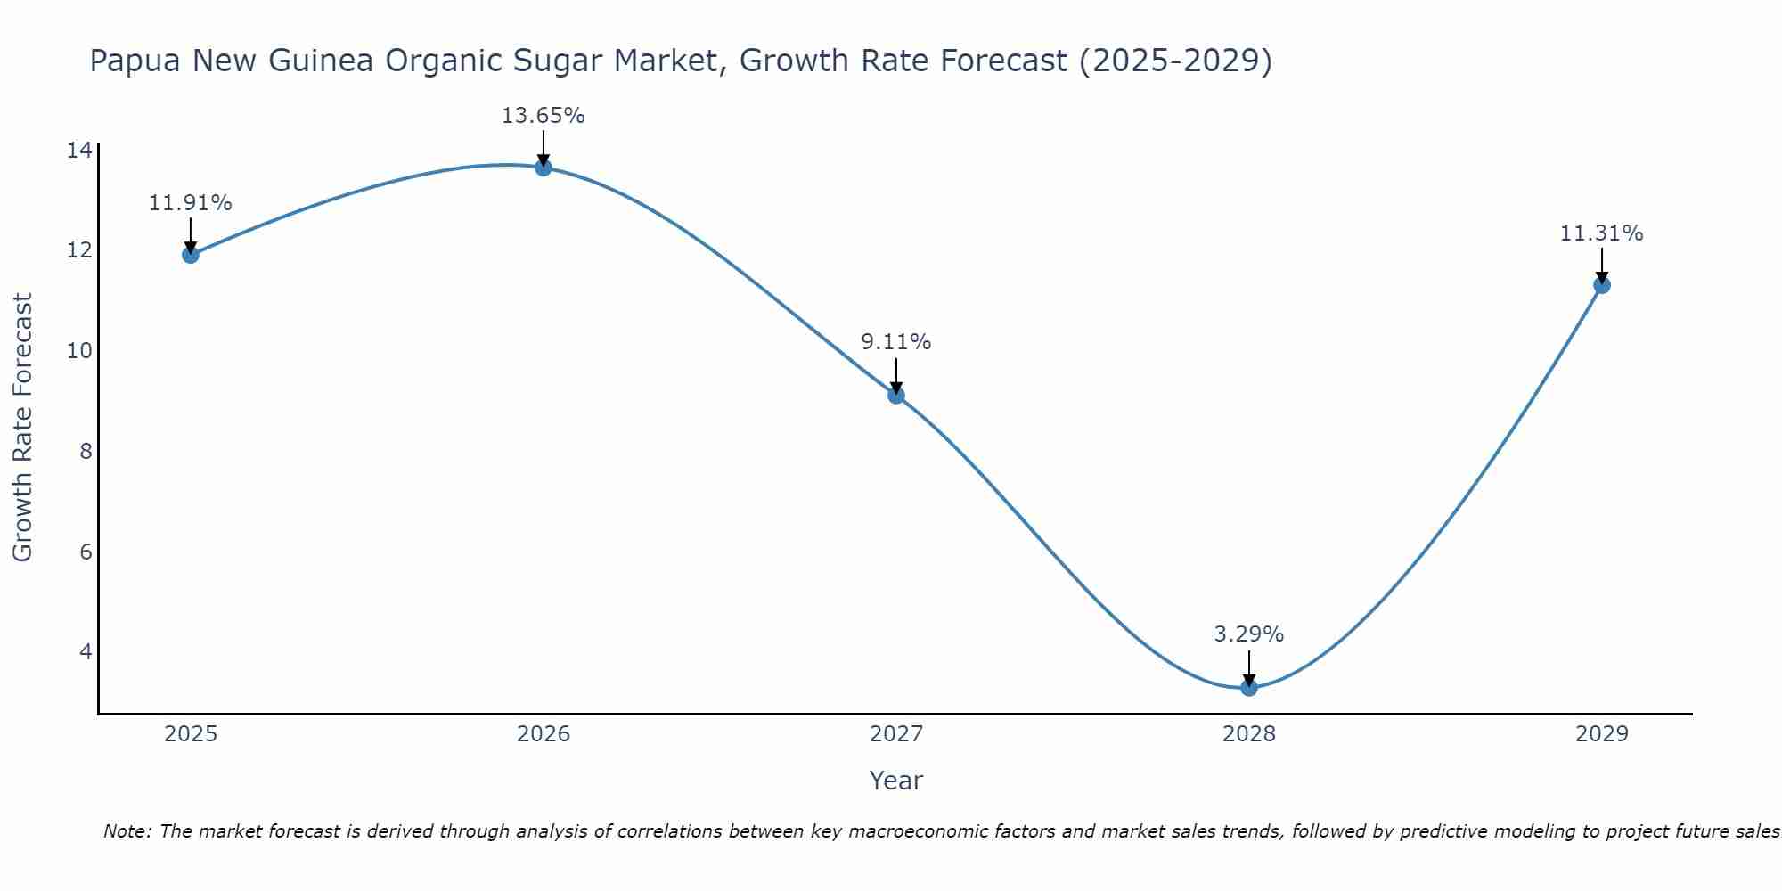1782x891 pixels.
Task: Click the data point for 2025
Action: [x=190, y=255]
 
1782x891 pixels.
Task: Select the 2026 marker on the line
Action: [x=543, y=168]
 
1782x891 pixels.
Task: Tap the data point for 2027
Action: [x=895, y=396]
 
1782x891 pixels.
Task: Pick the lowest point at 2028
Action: [x=1248, y=687]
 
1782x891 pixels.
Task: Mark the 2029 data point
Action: [x=1601, y=285]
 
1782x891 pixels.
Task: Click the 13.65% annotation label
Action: [x=543, y=116]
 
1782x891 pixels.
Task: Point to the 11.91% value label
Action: [x=190, y=203]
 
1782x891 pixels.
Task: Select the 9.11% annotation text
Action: [x=895, y=342]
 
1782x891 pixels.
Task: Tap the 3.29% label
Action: [x=1248, y=634]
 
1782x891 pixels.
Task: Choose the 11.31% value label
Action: [x=1601, y=233]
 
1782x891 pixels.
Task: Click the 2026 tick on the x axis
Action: [x=544, y=734]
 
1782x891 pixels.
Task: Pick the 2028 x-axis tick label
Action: [x=1248, y=734]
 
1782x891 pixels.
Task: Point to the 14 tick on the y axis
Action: [x=79, y=150]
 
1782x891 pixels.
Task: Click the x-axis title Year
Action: [x=895, y=781]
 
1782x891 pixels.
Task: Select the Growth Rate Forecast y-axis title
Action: [x=22, y=428]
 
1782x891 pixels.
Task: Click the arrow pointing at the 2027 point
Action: [x=895, y=375]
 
